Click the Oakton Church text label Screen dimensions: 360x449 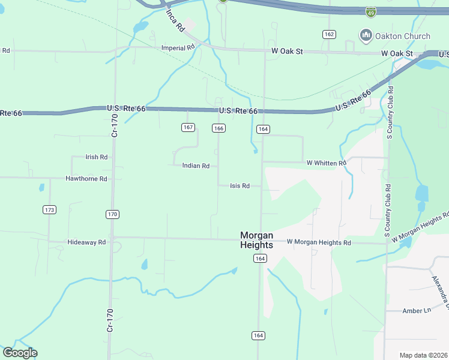[x=403, y=36]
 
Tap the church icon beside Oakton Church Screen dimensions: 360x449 [x=366, y=36]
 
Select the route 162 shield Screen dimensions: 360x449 [x=328, y=34]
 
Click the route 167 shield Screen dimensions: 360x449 [x=188, y=128]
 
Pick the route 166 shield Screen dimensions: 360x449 [x=218, y=128]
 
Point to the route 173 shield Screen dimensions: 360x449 [x=50, y=209]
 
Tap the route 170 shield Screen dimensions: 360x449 [x=112, y=214]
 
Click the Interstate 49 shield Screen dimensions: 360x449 [x=371, y=11]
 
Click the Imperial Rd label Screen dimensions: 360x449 [x=178, y=47]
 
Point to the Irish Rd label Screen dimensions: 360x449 [x=96, y=157]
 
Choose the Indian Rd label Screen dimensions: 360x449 [x=196, y=166]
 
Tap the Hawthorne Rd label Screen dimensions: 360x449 [x=86, y=179]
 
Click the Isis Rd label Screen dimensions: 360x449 [x=240, y=186]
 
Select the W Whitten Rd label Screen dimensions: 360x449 [x=327, y=163]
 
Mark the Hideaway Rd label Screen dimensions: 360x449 [x=86, y=242]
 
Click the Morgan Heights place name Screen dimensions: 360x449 [x=256, y=240]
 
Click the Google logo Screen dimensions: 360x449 [x=20, y=353]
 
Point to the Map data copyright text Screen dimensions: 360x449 [x=424, y=355]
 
